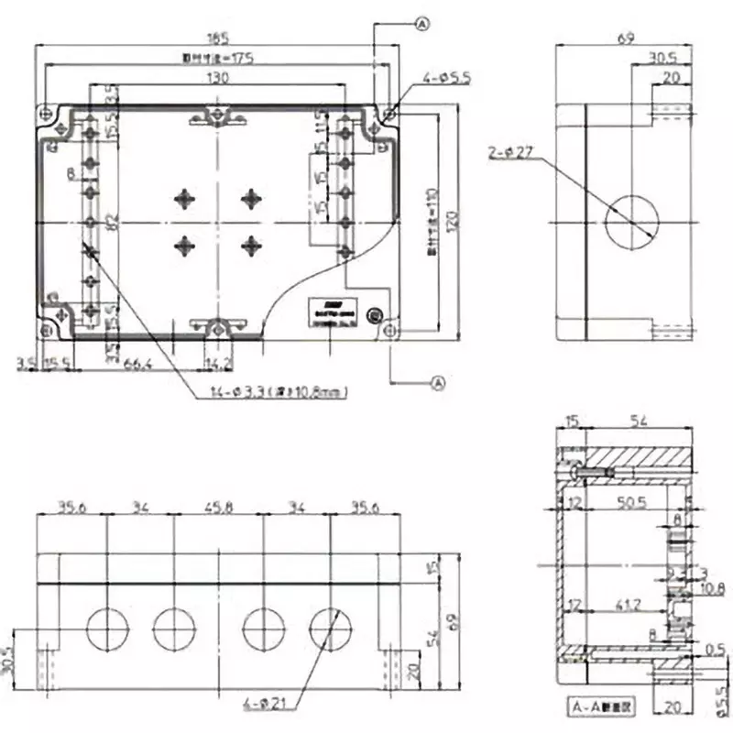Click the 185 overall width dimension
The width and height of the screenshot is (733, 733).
pyautogui.click(x=217, y=38)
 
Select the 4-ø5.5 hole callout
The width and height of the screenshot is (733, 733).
pyautogui.click(x=447, y=81)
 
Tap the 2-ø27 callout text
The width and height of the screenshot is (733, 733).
pyautogui.click(x=511, y=154)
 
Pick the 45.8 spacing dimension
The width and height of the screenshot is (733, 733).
pyautogui.click(x=219, y=506)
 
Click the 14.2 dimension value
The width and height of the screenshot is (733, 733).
pyautogui.click(x=219, y=365)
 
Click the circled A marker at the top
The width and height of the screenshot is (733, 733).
pyautogui.click(x=422, y=25)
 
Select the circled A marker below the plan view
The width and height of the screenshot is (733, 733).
pyautogui.click(x=437, y=383)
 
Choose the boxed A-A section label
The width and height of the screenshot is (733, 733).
pyautogui.click(x=600, y=706)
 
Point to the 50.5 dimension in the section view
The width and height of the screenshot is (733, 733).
pyautogui.click(x=629, y=503)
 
